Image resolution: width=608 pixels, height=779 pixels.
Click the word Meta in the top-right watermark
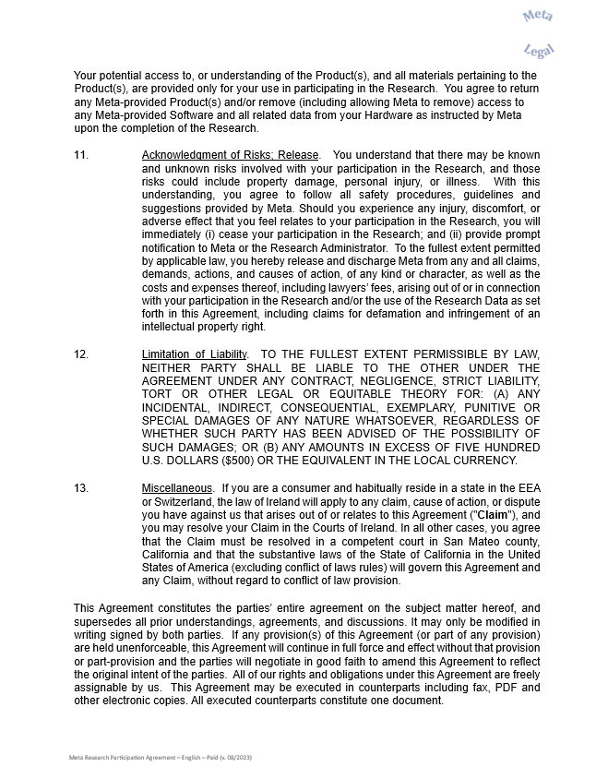538,16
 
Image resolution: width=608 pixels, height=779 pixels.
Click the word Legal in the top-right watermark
538,51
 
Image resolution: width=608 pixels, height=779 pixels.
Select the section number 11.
81,155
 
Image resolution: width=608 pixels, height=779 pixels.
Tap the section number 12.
81,354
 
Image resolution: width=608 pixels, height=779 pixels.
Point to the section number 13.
81,487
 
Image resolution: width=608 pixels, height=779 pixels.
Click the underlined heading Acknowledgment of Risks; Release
230,155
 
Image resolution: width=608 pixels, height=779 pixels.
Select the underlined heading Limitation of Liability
195,354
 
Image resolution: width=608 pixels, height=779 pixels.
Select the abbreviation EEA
528,487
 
